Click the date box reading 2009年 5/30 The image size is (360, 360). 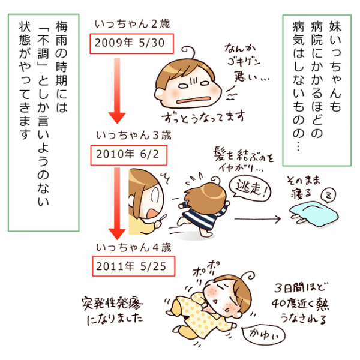[x=131, y=43]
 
